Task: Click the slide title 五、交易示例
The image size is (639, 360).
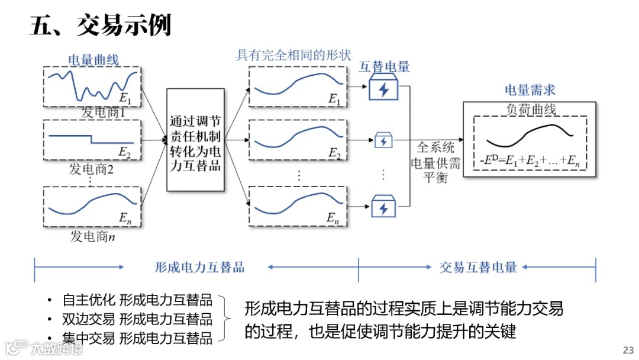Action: [100, 25]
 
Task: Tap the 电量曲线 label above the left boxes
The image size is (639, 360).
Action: [93, 60]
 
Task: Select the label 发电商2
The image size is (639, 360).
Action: [92, 170]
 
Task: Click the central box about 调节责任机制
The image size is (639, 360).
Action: [195, 140]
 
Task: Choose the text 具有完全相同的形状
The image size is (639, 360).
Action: [293, 55]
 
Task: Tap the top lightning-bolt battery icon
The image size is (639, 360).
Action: [384, 89]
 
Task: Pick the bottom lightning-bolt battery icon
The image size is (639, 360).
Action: [383, 207]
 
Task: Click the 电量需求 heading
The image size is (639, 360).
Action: [530, 90]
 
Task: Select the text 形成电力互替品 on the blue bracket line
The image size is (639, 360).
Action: [196, 267]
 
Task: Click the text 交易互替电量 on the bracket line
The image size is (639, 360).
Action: [478, 267]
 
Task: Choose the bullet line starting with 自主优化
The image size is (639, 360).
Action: [137, 300]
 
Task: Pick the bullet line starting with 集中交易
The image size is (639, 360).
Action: [137, 338]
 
